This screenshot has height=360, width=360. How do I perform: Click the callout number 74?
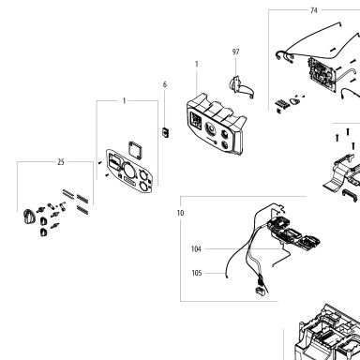coord(314,10)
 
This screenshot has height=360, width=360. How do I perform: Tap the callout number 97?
coord(236,52)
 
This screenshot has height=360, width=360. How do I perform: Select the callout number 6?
coord(165,84)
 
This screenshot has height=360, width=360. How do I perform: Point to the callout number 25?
coord(61,162)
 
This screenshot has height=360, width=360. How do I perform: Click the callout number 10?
coord(180,213)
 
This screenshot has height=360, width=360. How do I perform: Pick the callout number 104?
coord(196,249)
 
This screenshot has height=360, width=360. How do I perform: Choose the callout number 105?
coord(197,273)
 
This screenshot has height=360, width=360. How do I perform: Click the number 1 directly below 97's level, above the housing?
coord(197,64)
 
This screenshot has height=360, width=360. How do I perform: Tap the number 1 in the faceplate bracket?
coord(124,101)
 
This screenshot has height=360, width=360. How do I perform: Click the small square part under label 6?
coord(165,132)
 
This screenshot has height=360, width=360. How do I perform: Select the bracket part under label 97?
coord(241,86)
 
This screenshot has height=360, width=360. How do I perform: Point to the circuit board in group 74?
coord(322,74)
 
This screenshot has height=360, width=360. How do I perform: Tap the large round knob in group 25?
coord(29,217)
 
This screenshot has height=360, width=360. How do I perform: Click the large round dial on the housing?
coord(210,128)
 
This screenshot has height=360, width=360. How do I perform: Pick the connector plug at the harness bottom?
coord(260,291)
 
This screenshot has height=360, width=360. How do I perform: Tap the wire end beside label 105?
coord(226,275)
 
